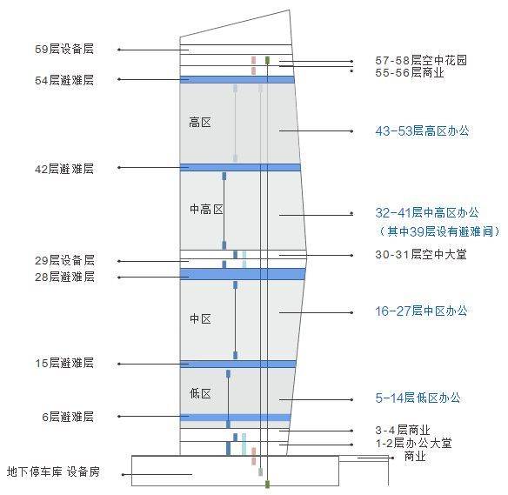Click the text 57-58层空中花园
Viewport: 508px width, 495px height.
[x=421, y=61]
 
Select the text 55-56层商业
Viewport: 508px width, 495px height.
[x=410, y=73]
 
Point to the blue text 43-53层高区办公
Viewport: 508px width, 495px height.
[x=422, y=130]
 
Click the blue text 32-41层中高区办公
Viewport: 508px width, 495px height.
[x=427, y=213]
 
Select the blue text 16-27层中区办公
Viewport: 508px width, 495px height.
[x=422, y=311]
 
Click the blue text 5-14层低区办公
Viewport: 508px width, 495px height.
[x=418, y=398]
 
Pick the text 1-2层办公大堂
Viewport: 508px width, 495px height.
[x=413, y=443]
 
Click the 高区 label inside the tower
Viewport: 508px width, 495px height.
[x=200, y=123]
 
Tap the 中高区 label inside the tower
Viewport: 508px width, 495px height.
[x=206, y=210]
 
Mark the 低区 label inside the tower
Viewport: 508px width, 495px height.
[x=200, y=394]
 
